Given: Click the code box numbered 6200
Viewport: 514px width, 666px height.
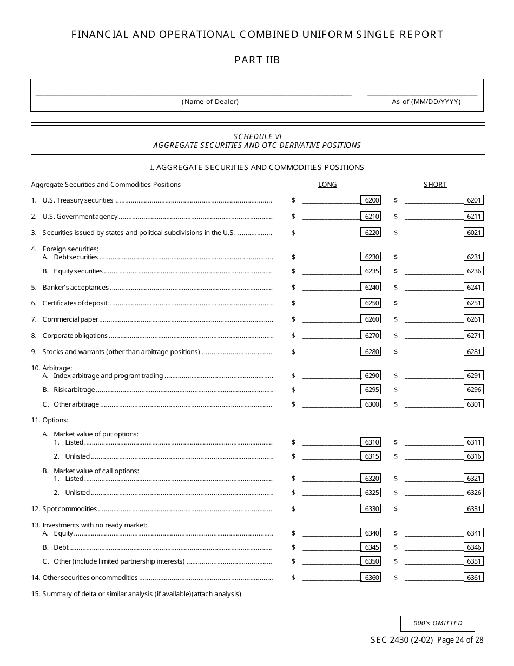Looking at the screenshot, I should (x=371, y=200).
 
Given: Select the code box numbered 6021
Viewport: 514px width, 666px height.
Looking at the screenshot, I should (x=473, y=232).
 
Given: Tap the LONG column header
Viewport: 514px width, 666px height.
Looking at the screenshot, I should (x=327, y=185).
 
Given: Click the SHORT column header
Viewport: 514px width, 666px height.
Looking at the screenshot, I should (x=435, y=185).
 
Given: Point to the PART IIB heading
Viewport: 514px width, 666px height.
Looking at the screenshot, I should (x=257, y=60).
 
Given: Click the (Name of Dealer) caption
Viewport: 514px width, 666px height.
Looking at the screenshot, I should (x=210, y=102).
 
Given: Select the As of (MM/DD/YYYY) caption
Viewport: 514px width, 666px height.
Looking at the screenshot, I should (x=426, y=102).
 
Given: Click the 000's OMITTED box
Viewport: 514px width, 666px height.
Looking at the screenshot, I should (x=438, y=623).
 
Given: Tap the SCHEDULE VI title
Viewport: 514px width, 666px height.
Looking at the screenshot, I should (x=258, y=136).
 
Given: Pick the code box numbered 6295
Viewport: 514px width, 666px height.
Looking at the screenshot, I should (x=371, y=390).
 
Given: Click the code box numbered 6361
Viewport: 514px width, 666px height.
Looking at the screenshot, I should (x=473, y=578).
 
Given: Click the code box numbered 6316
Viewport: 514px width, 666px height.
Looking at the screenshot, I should (x=473, y=456).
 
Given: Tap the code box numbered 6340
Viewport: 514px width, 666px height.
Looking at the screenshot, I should (x=371, y=533).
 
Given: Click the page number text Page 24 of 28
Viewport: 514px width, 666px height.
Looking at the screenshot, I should (x=460, y=640).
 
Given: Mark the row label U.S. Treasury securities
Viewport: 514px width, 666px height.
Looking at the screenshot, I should (x=78, y=200).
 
